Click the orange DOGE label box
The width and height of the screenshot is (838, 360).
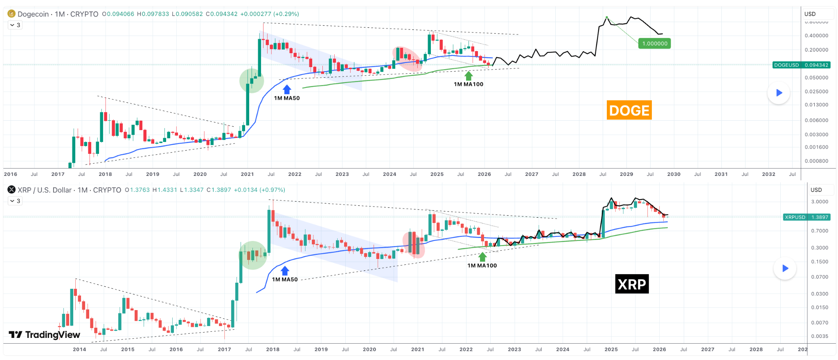tap(629, 110)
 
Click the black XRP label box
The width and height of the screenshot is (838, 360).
tap(632, 284)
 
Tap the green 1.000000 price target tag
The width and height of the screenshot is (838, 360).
tap(654, 43)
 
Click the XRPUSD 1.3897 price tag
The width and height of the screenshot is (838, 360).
tap(806, 217)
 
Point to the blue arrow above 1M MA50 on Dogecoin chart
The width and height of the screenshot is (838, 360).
tap(287, 90)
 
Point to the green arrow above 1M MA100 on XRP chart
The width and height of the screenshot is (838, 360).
tap(482, 257)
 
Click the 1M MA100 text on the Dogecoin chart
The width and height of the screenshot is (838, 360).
tap(469, 84)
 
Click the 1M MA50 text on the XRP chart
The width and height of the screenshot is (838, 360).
tap(285, 279)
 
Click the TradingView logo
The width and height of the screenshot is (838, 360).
tap(44, 335)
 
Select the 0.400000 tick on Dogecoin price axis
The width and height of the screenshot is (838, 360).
tap(816, 36)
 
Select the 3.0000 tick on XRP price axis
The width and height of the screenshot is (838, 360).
tap(820, 202)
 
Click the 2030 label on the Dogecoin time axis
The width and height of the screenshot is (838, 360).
tap(674, 174)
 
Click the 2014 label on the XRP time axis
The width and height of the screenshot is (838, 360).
tap(79, 349)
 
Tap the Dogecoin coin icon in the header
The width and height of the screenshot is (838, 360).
tap(11, 14)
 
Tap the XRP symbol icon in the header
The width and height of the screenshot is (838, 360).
tap(11, 190)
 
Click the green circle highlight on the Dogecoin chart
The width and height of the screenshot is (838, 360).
tap(252, 81)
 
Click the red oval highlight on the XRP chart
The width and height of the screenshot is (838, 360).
tap(414, 245)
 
